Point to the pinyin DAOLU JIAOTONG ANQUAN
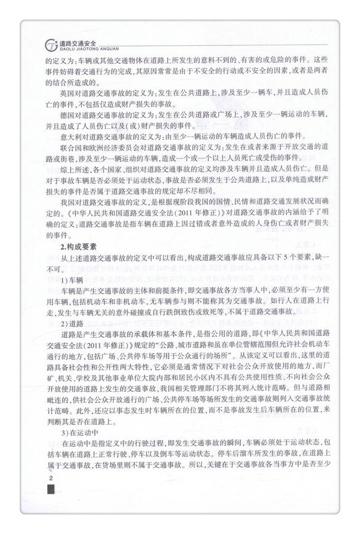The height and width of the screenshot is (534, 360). [x=82, y=48]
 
